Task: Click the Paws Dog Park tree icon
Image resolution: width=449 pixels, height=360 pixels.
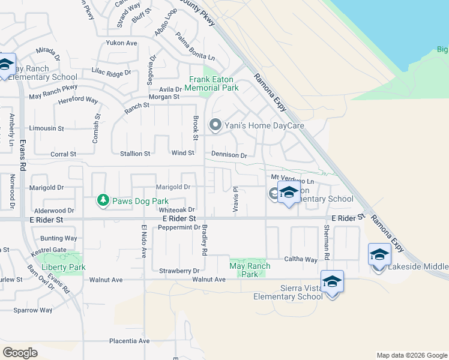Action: point(103,200)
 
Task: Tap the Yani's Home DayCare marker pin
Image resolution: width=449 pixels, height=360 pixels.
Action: point(215,125)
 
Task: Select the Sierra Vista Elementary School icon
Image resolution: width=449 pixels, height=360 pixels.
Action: point(332,281)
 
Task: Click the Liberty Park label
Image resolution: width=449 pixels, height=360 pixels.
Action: point(63,267)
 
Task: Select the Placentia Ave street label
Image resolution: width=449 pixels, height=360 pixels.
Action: point(129,341)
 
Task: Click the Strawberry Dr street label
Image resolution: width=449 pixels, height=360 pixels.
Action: point(179,271)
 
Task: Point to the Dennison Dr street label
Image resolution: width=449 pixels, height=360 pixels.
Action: point(229,155)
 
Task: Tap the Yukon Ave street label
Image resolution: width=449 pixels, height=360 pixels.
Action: point(122,43)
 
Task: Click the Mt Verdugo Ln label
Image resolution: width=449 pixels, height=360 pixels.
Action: point(292,179)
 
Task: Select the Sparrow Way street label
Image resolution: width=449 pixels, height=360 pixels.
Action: point(34,310)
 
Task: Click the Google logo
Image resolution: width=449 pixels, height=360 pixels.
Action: point(20,352)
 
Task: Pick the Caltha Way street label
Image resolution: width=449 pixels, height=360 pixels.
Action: point(303,259)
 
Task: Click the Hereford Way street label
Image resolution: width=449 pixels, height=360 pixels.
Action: point(78,100)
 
